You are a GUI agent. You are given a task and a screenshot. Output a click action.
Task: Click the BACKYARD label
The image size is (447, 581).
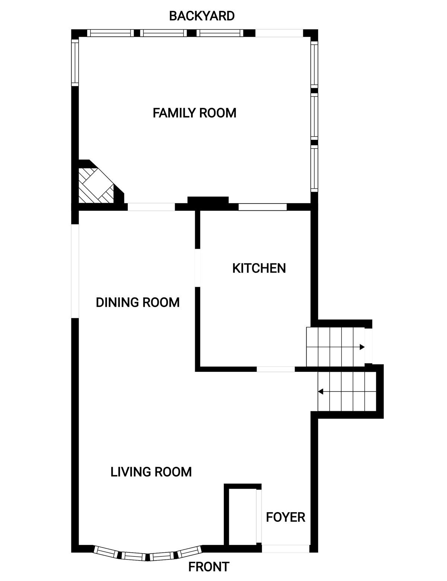[202, 16]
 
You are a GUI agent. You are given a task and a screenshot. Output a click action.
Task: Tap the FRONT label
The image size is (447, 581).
[209, 566]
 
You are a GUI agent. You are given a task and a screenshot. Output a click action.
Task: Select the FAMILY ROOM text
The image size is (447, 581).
[194, 113]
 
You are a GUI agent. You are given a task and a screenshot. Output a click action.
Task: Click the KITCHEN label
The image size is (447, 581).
[259, 268]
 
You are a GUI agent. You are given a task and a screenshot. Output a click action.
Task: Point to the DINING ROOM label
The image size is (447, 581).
[137, 302]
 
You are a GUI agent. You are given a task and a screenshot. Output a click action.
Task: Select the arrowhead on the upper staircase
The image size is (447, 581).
[362, 347]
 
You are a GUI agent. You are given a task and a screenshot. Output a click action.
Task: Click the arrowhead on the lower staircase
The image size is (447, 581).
[320, 392]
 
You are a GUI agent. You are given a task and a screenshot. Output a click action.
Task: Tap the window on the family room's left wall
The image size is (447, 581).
[75, 63]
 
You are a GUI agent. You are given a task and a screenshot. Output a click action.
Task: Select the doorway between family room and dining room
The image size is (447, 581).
[151, 207]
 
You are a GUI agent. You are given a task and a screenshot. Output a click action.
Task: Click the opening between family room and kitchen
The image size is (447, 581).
[262, 207]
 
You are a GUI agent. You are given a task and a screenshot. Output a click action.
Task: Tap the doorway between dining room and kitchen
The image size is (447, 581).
[197, 268]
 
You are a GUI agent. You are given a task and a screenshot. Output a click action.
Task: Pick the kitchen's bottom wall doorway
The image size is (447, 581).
[276, 369]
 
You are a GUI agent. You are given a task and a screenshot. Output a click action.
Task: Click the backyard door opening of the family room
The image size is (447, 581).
[279, 33]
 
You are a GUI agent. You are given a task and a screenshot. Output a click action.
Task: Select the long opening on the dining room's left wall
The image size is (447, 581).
[75, 271]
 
